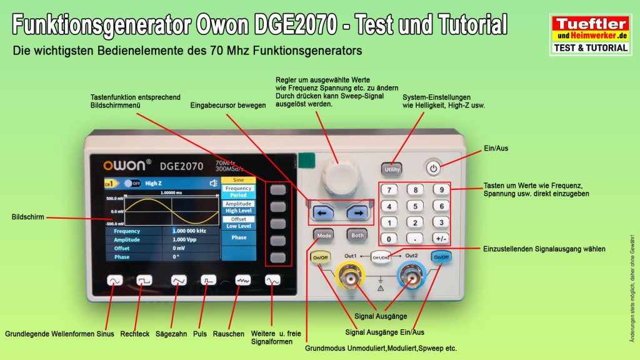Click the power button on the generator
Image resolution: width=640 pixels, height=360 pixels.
434,167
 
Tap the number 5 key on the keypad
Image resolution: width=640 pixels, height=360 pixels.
414,206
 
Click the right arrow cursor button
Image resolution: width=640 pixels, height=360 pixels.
359,212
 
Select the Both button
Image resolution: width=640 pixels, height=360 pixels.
356,236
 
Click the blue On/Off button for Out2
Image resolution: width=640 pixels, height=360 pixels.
441,257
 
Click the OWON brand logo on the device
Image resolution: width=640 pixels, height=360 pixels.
127,166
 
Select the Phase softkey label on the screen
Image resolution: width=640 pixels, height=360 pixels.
239,237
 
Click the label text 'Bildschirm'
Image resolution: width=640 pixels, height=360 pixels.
28,217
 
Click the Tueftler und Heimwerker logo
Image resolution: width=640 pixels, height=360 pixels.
590,35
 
